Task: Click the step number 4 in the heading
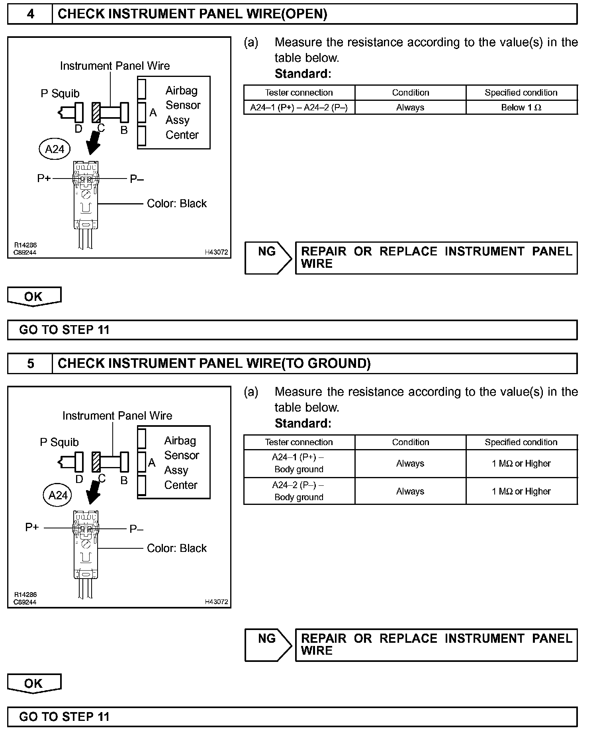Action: pyautogui.click(x=30, y=14)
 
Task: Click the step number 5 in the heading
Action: pyautogui.click(x=30, y=363)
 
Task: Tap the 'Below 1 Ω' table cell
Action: pyautogui.click(x=521, y=108)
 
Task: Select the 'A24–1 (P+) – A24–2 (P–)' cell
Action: pyautogui.click(x=299, y=108)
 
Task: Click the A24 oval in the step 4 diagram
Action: pyautogui.click(x=55, y=149)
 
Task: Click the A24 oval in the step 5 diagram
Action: pyautogui.click(x=58, y=495)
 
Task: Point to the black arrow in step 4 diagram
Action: pyautogui.click(x=94, y=142)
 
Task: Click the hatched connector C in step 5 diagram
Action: pyautogui.click(x=96, y=462)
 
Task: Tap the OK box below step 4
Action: pyautogui.click(x=34, y=296)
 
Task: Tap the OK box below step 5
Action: pyautogui.click(x=34, y=684)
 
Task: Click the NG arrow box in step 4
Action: pyautogui.click(x=268, y=258)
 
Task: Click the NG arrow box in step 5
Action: pyautogui.click(x=268, y=645)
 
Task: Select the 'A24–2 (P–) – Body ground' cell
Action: pyautogui.click(x=299, y=491)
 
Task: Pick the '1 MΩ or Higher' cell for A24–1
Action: pyautogui.click(x=521, y=463)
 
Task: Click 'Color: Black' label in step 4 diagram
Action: pyautogui.click(x=177, y=204)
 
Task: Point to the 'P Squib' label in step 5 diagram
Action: pyautogui.click(x=59, y=442)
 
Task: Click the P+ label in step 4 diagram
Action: pyautogui.click(x=44, y=179)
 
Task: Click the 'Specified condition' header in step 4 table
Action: pyautogui.click(x=521, y=93)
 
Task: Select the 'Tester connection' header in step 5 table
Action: pyautogui.click(x=299, y=442)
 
